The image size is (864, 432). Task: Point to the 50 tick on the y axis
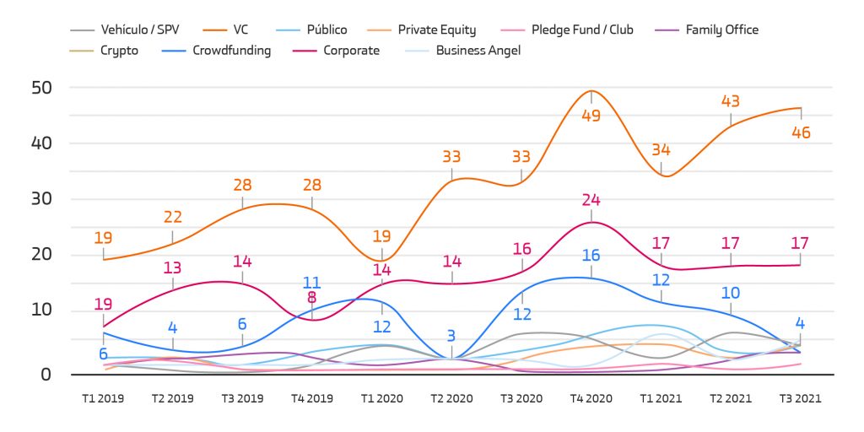[41, 88]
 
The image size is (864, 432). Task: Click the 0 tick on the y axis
[46, 374]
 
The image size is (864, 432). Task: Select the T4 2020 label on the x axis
[591, 398]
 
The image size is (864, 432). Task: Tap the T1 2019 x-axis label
[103, 398]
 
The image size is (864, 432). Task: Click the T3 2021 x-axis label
[800, 398]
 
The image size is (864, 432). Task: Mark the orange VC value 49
[591, 116]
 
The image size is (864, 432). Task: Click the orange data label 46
[800, 132]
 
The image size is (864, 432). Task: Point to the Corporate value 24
[591, 201]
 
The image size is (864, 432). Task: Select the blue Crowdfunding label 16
[591, 256]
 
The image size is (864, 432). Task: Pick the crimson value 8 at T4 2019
[312, 297]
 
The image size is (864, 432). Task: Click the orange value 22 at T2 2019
[172, 218]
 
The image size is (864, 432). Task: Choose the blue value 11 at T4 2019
[312, 283]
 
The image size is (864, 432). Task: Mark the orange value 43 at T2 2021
[731, 101]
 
